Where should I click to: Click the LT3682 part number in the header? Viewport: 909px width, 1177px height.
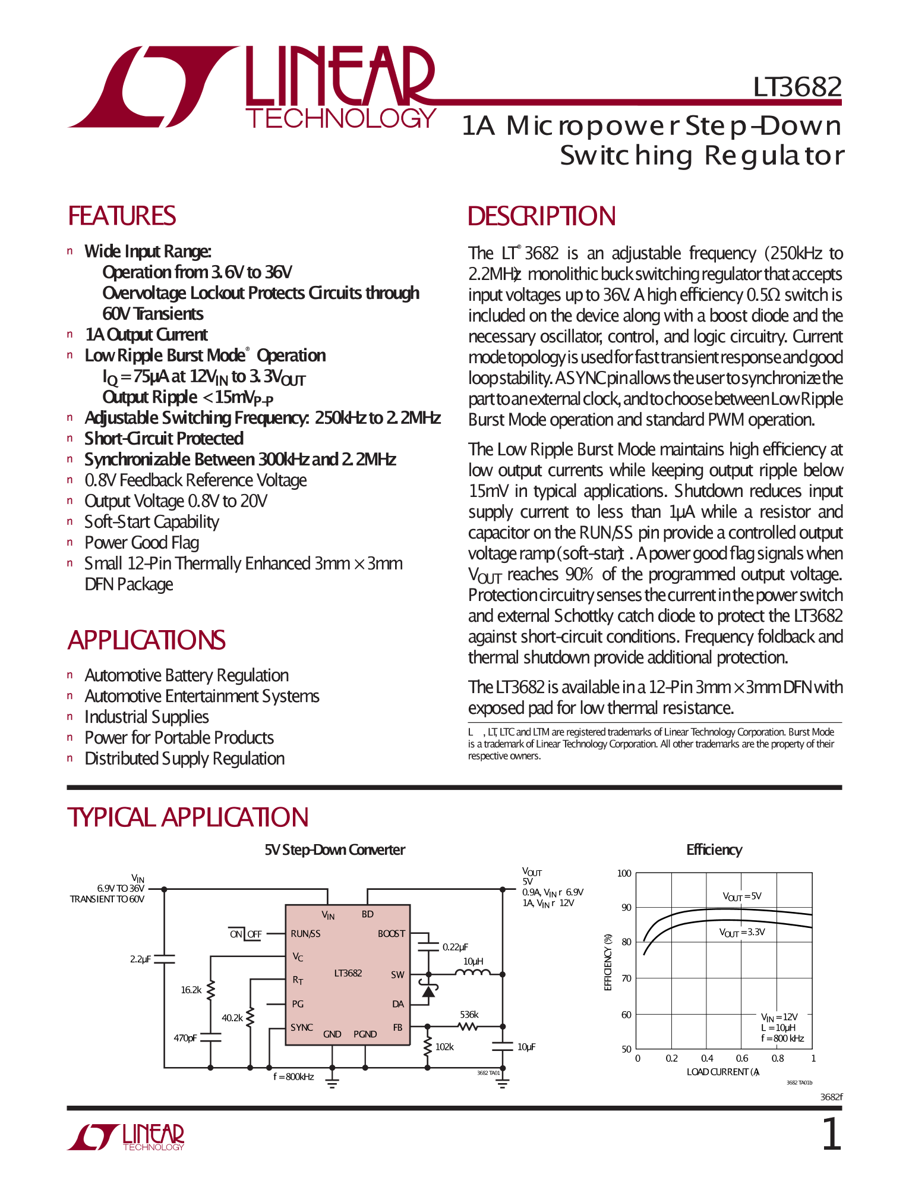(797, 87)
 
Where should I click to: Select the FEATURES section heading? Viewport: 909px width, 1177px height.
(122, 216)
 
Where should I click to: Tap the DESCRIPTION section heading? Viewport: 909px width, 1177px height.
(541, 216)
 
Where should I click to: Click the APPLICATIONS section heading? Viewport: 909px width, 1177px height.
(146, 640)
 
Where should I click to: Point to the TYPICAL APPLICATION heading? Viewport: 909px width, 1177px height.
(188, 817)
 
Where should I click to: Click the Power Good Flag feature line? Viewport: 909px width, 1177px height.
(141, 543)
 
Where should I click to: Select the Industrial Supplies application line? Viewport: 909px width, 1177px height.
(146, 717)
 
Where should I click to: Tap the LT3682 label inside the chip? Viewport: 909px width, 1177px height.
(348, 973)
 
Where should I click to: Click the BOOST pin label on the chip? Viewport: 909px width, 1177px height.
(391, 934)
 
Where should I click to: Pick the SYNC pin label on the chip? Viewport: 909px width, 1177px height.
(302, 1027)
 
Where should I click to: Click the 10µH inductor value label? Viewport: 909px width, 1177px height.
(474, 961)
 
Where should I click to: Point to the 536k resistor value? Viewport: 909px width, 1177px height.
(469, 1015)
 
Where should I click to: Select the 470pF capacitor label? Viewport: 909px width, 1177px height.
(185, 1038)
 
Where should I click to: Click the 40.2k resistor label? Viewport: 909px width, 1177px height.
(232, 1018)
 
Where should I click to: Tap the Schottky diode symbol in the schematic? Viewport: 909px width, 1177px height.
(428, 990)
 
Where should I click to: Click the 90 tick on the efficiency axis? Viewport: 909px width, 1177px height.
(626, 908)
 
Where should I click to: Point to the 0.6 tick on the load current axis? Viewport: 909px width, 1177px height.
(742, 1059)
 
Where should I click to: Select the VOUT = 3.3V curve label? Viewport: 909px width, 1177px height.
(742, 932)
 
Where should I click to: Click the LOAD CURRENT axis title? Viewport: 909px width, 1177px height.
(722, 1072)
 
